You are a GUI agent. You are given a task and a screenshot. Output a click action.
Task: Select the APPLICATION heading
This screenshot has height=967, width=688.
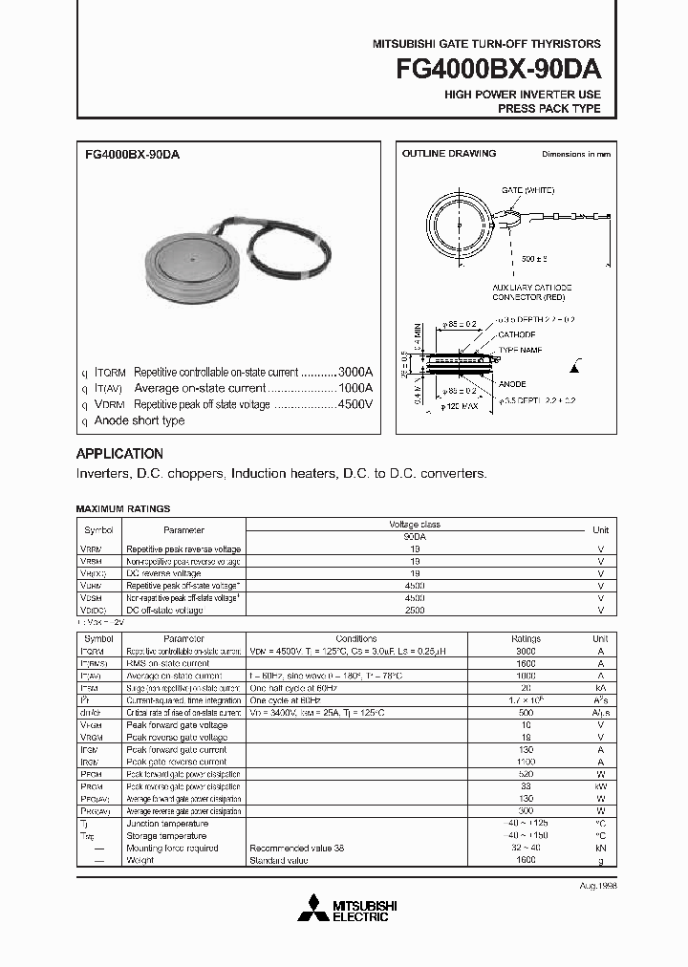119,454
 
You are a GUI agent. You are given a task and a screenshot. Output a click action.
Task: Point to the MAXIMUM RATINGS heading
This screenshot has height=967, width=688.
122,509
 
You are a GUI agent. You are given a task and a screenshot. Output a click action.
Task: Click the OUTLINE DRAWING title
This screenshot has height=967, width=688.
448,154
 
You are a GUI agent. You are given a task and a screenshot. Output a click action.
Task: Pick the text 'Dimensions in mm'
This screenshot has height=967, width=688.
575,154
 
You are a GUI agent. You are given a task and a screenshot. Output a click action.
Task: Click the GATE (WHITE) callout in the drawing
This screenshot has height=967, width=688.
527,190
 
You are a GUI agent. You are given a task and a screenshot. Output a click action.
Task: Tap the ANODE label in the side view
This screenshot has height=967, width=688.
513,384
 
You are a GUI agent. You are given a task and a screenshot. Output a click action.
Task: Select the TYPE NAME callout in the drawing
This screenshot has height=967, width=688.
521,351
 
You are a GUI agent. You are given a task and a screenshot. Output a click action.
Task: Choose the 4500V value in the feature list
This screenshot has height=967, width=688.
355,404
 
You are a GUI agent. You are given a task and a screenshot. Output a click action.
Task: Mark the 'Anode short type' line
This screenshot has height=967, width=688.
140,420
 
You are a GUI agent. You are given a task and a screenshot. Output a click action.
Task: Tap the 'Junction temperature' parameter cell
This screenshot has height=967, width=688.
166,824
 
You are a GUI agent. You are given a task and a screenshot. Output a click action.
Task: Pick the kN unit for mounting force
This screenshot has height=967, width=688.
600,848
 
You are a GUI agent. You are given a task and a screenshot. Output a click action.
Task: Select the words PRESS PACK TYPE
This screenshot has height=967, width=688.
549,109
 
